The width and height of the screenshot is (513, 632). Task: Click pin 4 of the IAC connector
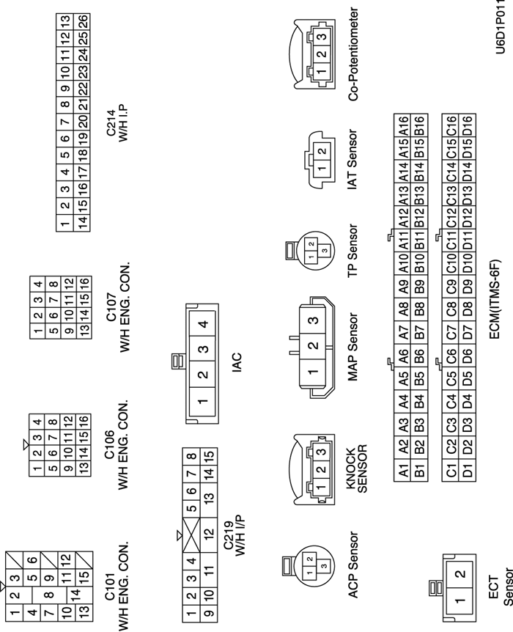202,323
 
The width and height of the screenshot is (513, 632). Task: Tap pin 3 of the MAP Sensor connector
313,320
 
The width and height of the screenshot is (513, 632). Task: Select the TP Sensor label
352,250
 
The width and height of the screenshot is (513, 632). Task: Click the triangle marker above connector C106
26,444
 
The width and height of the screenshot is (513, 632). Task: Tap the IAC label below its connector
236,359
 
